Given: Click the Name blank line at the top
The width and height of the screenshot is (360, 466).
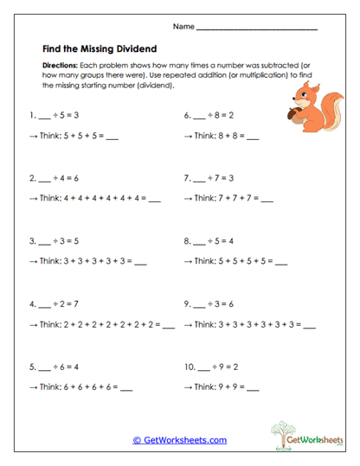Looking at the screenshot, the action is (x=257, y=29).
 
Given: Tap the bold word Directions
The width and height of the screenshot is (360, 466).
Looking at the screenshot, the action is (x=59, y=66).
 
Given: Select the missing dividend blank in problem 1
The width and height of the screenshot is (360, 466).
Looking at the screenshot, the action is (x=47, y=115).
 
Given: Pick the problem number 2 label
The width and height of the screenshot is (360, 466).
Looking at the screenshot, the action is (x=32, y=179).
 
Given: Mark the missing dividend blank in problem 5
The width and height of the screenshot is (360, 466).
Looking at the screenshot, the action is (x=47, y=367).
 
